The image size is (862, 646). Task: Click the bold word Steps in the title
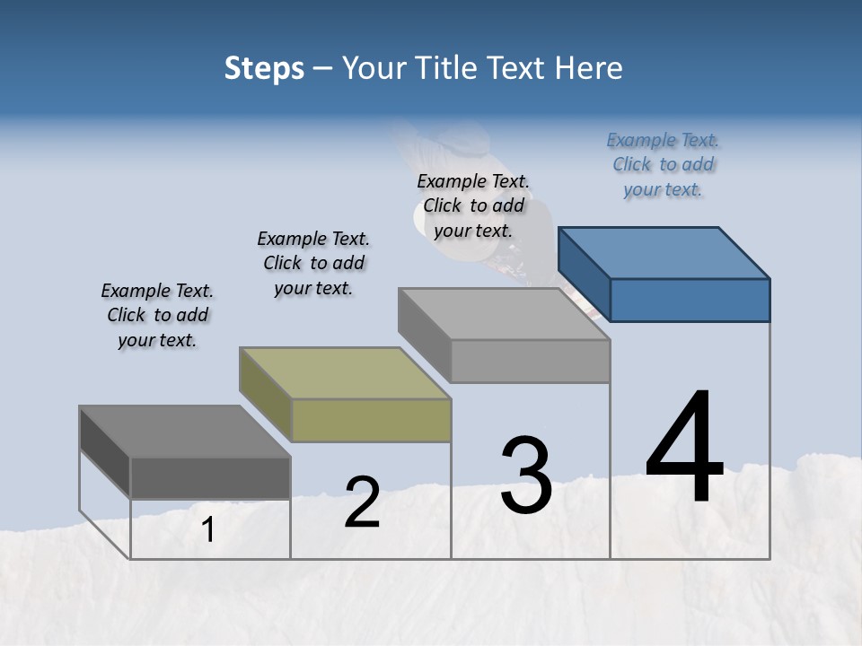pyautogui.click(x=264, y=68)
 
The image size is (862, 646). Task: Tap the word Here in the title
pyautogui.click(x=589, y=68)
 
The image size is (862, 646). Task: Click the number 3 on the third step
pyautogui.click(x=525, y=475)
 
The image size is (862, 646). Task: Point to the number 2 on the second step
pyautogui.click(x=362, y=502)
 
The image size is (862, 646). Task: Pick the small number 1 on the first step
pyautogui.click(x=208, y=530)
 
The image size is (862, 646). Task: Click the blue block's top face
pyautogui.click(x=664, y=252)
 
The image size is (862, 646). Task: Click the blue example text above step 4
pyautogui.click(x=663, y=165)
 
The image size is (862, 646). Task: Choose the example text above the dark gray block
pyautogui.click(x=157, y=316)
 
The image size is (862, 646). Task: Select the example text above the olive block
pyautogui.click(x=313, y=264)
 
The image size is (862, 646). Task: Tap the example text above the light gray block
pyautogui.click(x=473, y=206)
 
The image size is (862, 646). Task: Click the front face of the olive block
pyautogui.click(x=372, y=420)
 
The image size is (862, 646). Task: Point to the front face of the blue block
pyautogui.click(x=690, y=300)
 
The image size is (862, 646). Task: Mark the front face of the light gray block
pyautogui.click(x=530, y=361)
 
